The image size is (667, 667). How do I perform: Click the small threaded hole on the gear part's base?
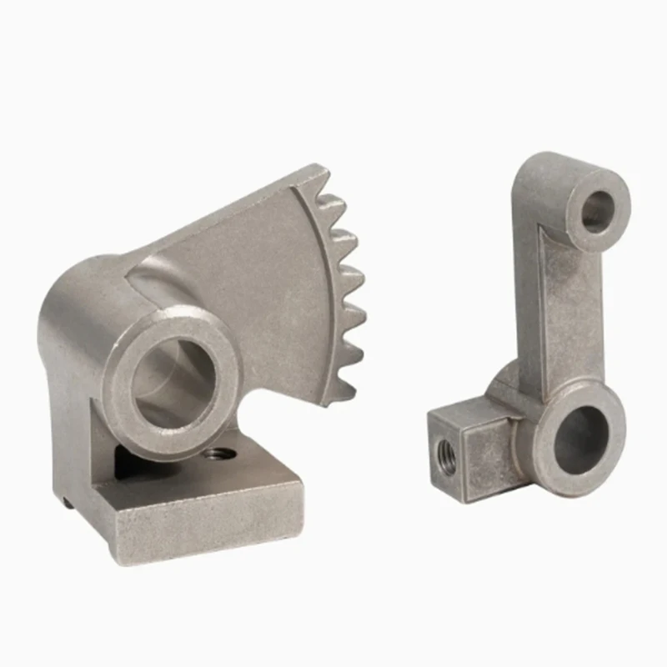(218, 455)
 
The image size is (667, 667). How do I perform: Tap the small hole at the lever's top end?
(596, 211)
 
